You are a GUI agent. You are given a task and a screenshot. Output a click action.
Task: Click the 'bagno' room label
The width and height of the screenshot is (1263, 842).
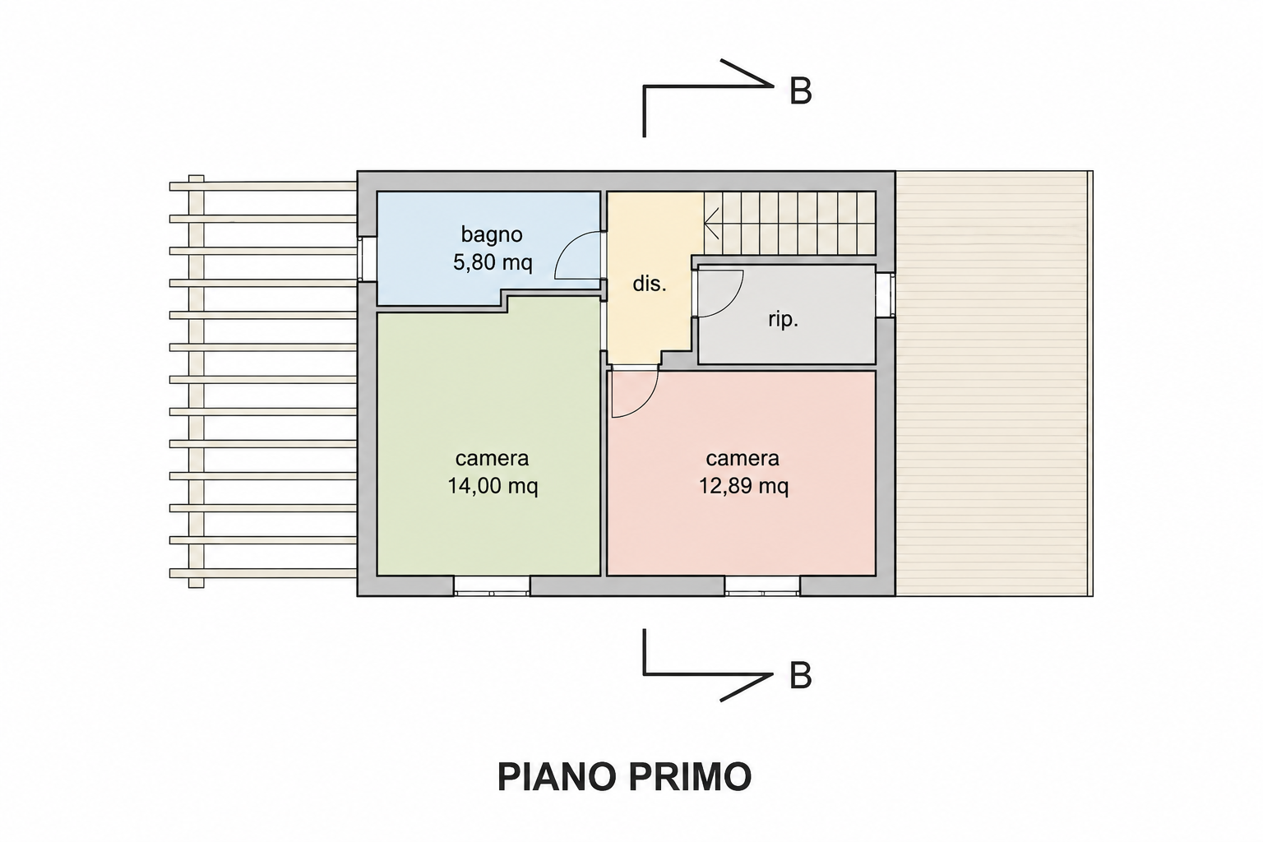pos(492,234)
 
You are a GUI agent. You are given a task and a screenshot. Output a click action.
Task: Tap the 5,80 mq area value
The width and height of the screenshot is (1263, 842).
pos(493,262)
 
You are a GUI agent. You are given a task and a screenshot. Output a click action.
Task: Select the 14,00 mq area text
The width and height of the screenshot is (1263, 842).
pos(493,486)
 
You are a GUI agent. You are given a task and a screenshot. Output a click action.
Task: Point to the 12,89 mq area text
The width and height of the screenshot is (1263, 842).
pos(743,486)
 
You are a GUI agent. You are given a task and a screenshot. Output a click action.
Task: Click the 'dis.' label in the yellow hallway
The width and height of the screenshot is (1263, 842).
pos(650,284)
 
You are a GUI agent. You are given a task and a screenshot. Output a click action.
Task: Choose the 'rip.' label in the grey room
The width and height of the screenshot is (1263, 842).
pos(783,320)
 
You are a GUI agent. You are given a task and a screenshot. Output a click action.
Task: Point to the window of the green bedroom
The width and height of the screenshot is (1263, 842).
pos(492,586)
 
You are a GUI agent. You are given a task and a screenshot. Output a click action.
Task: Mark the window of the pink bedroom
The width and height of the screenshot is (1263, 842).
pos(761,586)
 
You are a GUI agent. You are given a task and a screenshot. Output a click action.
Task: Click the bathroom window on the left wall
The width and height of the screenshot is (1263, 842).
pos(367,258)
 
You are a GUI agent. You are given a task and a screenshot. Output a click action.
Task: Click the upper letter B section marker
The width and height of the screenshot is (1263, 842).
pos(800,91)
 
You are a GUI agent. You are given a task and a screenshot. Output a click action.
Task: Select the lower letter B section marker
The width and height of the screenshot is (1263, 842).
pos(800,676)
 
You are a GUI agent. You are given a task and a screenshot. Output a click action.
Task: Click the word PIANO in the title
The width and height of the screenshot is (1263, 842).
pos(556,777)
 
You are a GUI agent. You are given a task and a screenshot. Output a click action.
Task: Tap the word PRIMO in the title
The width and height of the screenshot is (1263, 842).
pos(690,777)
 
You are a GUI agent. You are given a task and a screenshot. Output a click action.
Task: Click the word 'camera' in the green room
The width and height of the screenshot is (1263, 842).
pos(493,459)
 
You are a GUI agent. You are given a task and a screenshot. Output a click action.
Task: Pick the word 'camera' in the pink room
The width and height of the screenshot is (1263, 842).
pos(743,459)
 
